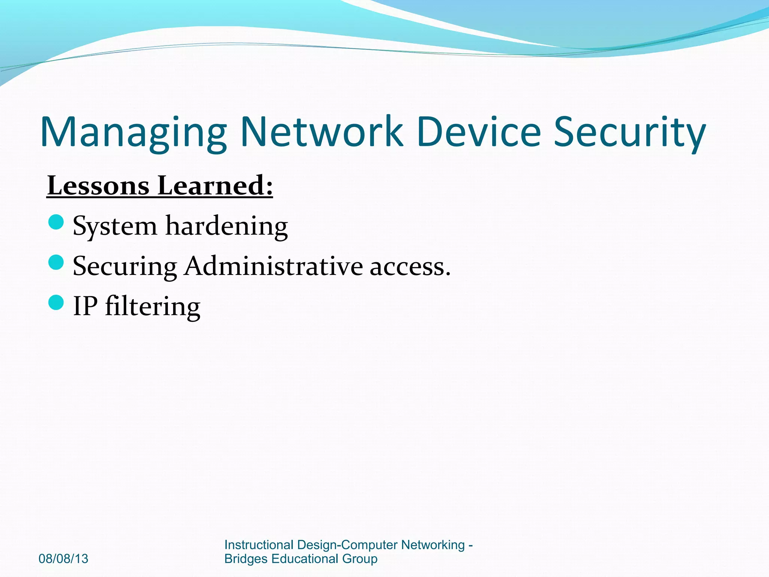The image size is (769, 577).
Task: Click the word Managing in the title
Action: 133,132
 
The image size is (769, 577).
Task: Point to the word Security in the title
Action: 630,132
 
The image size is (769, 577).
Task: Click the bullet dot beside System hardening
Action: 56,222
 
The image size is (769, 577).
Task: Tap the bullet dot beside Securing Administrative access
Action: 56,262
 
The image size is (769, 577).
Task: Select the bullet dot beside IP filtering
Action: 56,302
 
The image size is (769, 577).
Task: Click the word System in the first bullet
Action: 115,227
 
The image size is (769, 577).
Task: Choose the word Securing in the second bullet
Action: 125,267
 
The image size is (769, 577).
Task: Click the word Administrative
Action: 274,266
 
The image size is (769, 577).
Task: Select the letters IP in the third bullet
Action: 85,306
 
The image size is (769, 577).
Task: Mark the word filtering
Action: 152,307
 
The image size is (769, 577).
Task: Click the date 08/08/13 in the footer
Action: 63,559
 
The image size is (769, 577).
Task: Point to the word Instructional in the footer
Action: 259,545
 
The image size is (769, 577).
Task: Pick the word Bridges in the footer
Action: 246,559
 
